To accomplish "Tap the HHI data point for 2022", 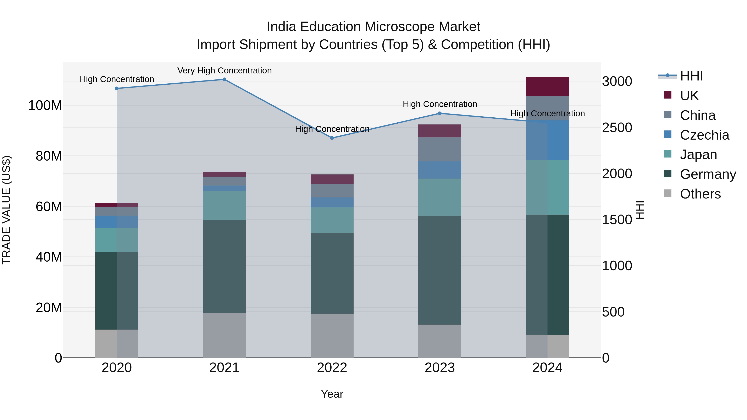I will point(332,138).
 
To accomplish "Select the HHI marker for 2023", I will point(440,113).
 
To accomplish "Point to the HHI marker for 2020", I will point(117,88).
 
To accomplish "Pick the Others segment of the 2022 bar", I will point(332,335).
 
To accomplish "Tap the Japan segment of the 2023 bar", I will point(440,197).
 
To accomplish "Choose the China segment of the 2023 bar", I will point(440,149).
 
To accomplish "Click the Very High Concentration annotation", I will point(225,71).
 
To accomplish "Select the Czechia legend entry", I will point(704,135).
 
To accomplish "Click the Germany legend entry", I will point(708,174).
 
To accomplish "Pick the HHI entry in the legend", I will point(691,76).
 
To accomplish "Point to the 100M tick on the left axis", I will point(45,105).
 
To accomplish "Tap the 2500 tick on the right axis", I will point(617,128).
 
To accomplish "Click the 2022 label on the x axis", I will point(332,368).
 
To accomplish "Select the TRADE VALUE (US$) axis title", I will point(6,210).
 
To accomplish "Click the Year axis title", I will point(332,394).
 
